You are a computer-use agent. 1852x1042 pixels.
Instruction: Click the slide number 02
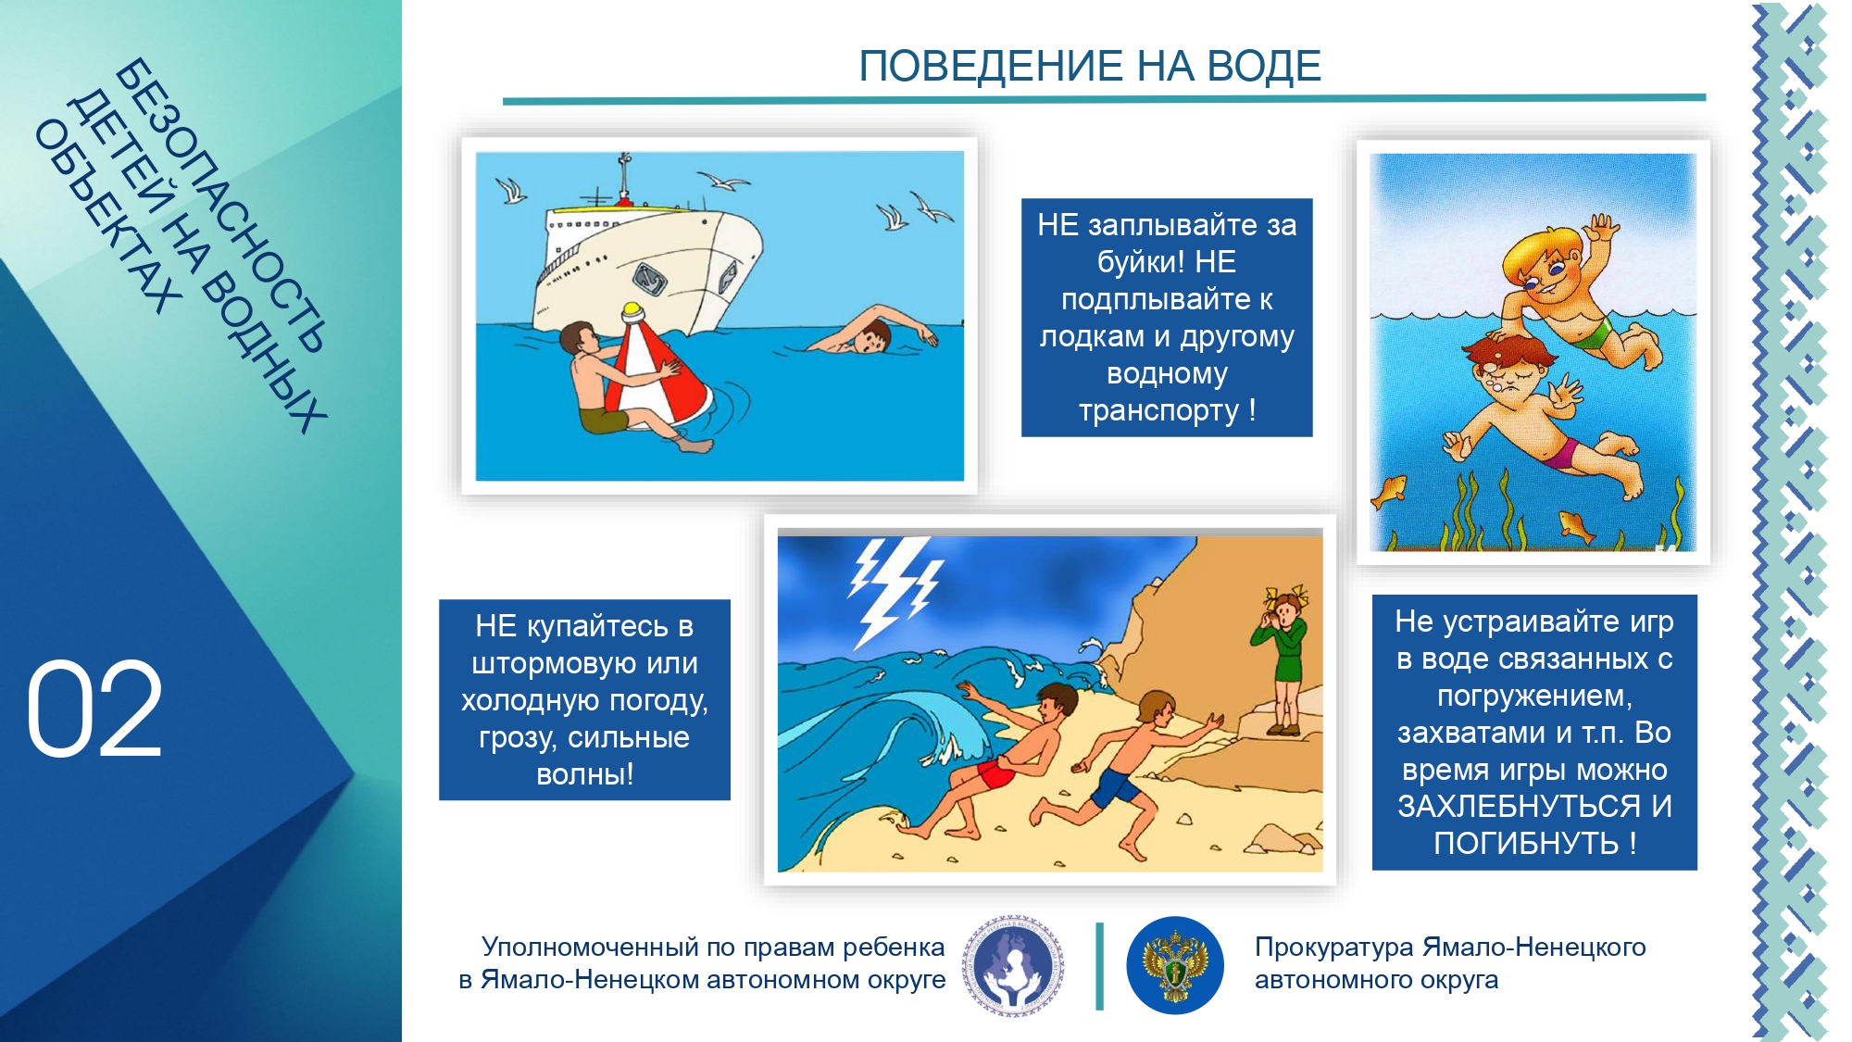click(94, 709)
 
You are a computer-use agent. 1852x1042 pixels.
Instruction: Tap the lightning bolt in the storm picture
click(894, 588)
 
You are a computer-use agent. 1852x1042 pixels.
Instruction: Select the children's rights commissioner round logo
click(1013, 966)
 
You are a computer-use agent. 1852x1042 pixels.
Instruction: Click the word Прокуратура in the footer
click(1334, 948)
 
